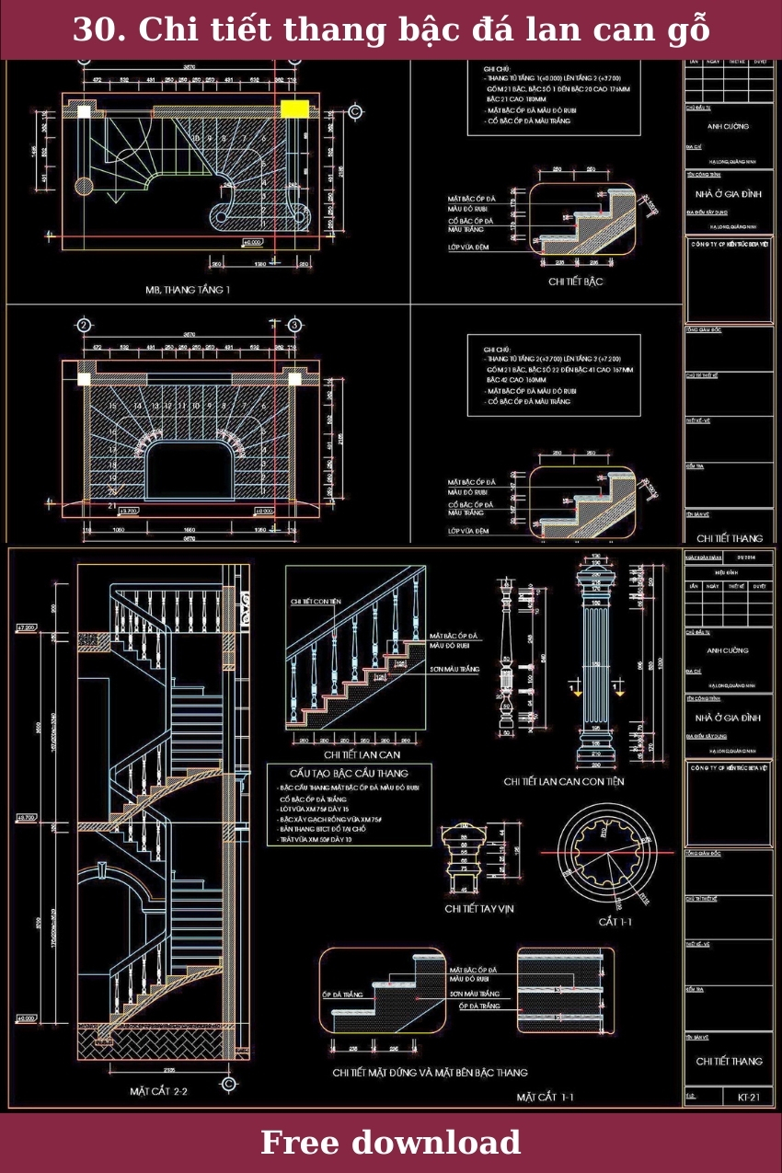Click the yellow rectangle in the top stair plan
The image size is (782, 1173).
pyautogui.click(x=294, y=109)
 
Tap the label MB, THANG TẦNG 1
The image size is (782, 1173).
pyautogui.click(x=188, y=290)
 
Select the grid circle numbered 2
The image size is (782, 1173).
pyautogui.click(x=84, y=325)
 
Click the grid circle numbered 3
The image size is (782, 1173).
pyautogui.click(x=294, y=325)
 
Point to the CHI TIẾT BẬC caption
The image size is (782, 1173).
pyautogui.click(x=576, y=282)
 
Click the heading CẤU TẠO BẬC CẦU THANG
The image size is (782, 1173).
pyautogui.click(x=349, y=773)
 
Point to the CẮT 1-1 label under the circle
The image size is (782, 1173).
pyautogui.click(x=615, y=922)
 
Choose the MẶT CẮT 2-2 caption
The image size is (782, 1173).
pyautogui.click(x=158, y=1091)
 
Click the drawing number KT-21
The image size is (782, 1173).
pyautogui.click(x=748, y=1097)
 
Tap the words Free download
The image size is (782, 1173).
pyautogui.click(x=390, y=1143)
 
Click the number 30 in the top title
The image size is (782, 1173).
pyautogui.click(x=92, y=30)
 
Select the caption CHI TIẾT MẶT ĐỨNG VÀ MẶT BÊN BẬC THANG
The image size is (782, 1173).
pyautogui.click(x=430, y=1072)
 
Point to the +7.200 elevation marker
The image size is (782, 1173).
pyautogui.click(x=26, y=628)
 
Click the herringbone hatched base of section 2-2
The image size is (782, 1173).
pyautogui.click(x=151, y=1041)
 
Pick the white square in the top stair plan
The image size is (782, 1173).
pyautogui.click(x=85, y=111)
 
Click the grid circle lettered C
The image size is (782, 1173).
pyautogui.click(x=355, y=111)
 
